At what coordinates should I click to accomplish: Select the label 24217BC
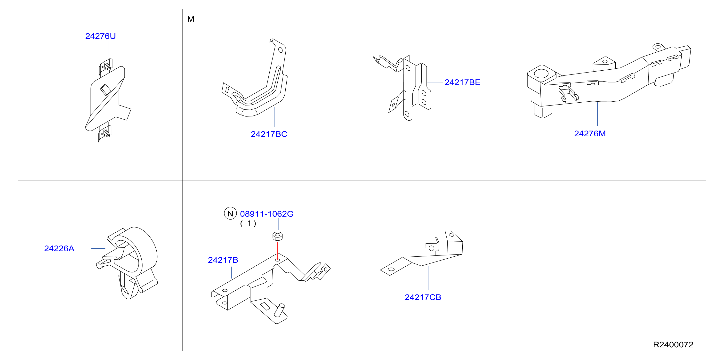coord(269,134)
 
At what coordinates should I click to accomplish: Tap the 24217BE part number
coord(462,82)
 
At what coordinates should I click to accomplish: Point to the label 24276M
coord(590,134)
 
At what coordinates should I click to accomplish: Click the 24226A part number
coord(59,249)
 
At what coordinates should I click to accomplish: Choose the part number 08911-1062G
coord(267,214)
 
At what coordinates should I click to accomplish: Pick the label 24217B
coord(223,260)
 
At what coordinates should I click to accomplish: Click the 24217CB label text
coord(423,297)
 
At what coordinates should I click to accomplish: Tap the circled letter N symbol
coord(230,213)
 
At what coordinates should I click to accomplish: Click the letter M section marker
coord(191,19)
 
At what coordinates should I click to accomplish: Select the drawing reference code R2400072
coord(673,344)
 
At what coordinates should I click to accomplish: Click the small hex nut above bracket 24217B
coord(278,236)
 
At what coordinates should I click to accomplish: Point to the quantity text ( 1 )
coord(248,224)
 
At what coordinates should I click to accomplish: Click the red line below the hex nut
coord(278,251)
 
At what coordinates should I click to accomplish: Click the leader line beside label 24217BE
coord(435,82)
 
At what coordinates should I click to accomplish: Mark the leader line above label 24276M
coord(597,114)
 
